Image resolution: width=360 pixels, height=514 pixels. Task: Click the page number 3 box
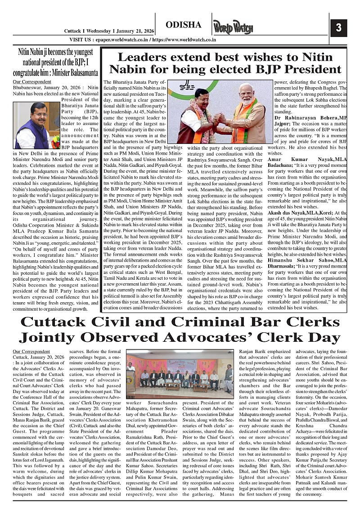coord(338,27)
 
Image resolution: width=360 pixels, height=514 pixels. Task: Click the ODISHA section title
coord(183,25)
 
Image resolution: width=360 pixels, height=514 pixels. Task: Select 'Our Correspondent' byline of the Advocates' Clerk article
coord(32,351)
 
